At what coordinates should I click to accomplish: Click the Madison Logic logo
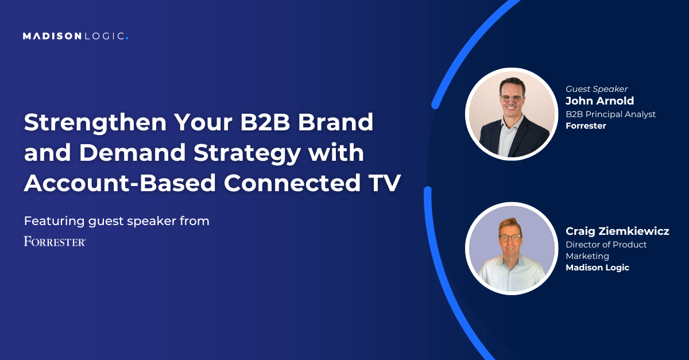[x=75, y=36]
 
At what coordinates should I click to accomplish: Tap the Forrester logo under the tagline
[x=55, y=242]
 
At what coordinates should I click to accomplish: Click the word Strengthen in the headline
[x=95, y=123]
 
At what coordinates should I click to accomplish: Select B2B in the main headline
[x=265, y=122]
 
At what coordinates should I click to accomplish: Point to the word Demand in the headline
[x=133, y=152]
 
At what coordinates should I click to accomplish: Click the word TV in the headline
[x=385, y=183]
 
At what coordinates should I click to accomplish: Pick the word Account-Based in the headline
[x=120, y=183]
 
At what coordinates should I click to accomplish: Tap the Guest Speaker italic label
[x=597, y=89]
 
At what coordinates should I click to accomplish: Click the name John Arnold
[x=599, y=100]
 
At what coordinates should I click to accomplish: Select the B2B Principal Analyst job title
[x=610, y=114]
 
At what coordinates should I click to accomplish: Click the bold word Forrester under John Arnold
[x=586, y=126]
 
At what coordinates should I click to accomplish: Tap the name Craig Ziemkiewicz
[x=617, y=231]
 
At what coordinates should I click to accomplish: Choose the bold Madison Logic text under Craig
[x=597, y=268]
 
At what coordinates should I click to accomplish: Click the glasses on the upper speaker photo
[x=512, y=98]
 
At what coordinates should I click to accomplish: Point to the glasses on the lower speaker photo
[x=510, y=238]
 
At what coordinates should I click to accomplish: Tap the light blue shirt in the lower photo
[x=510, y=274]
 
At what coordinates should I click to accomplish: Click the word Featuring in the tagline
[x=54, y=221]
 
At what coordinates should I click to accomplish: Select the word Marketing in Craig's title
[x=587, y=256]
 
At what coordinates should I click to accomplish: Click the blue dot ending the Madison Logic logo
[x=127, y=38]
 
